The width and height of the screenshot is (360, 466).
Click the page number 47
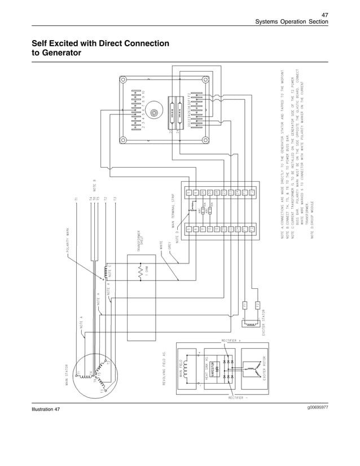pyautogui.click(x=324, y=14)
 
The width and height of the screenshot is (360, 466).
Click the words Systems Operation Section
pyautogui.click(x=291, y=21)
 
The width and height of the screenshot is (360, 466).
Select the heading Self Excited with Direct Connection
pyautogui.click(x=100, y=43)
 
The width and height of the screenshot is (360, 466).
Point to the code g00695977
pyautogui.click(x=318, y=406)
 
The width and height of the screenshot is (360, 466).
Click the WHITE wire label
pyautogui.click(x=161, y=246)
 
